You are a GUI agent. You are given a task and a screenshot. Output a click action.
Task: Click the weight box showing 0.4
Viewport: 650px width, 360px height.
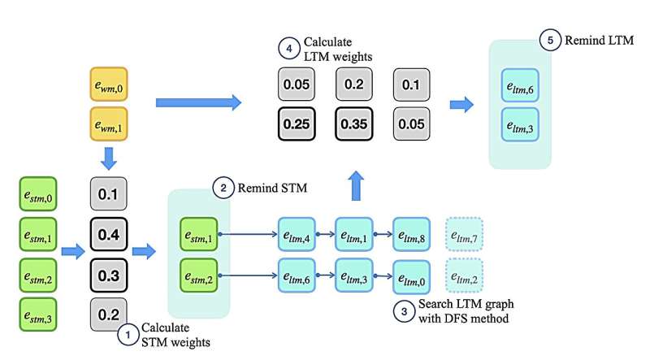tap(107, 235)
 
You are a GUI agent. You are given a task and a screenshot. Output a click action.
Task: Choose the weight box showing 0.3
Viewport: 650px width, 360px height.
tap(107, 275)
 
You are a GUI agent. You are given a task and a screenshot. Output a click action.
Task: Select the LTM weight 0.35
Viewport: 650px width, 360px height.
tap(353, 124)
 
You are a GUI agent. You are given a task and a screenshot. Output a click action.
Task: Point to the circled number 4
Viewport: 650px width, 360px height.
tap(290, 48)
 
